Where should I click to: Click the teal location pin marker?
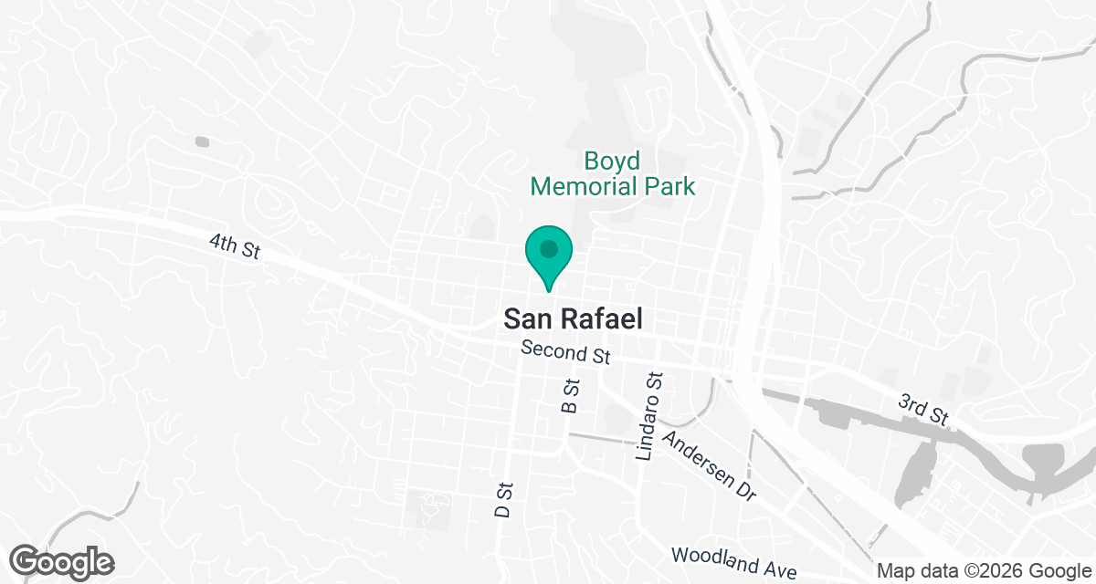click(548, 255)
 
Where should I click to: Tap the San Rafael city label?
click(573, 318)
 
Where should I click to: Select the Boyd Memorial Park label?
click(613, 174)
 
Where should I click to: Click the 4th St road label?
click(235, 246)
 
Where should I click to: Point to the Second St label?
click(564, 351)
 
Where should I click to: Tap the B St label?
click(572, 396)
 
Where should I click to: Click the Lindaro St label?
click(649, 416)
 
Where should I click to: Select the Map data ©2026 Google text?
click(985, 571)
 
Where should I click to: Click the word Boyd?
click(613, 162)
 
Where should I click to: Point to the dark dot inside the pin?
click(548, 248)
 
